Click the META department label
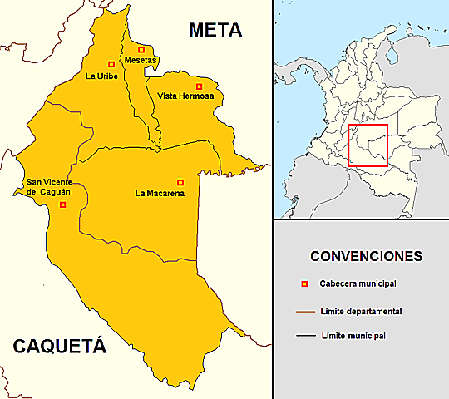[215, 31]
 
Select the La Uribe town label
[101, 76]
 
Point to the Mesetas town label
[141, 61]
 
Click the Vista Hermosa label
[186, 97]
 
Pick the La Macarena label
[160, 194]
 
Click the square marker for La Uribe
[111, 64]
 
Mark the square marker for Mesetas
[141, 49]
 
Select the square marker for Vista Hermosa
[199, 86]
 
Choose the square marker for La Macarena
[180, 182]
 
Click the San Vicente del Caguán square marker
[62, 204]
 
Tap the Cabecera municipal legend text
[357, 284]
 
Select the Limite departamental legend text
[360, 311]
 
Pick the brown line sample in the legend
[303, 312]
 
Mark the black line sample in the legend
[303, 337]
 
